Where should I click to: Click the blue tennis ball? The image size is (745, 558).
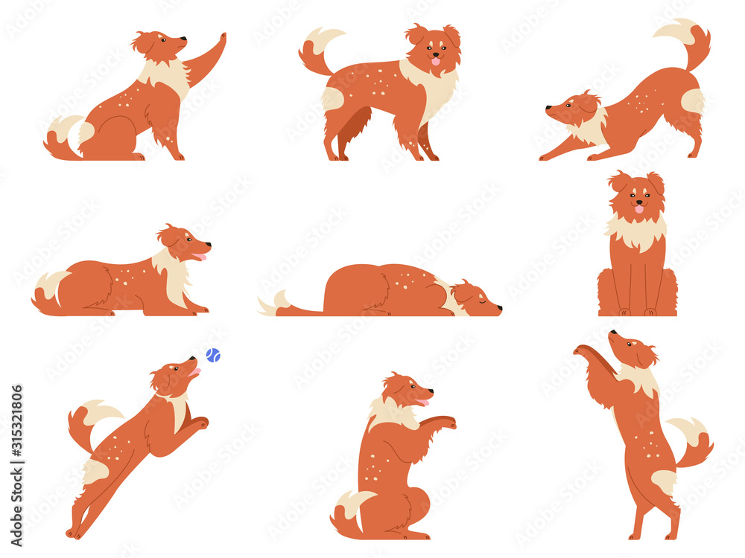(x=213, y=356)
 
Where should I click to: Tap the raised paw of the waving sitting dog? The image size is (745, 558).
(x=220, y=38)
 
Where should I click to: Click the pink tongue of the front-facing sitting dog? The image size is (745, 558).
(x=638, y=209)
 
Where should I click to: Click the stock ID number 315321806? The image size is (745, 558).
(x=16, y=432)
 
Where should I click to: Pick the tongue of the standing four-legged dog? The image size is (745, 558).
(x=436, y=62)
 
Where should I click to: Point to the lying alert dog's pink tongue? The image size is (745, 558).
(x=199, y=257)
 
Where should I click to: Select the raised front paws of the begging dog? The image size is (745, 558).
(x=446, y=422)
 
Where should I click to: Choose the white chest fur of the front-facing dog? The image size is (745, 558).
(x=636, y=232)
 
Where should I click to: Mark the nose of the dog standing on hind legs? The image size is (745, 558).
(x=612, y=333)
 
